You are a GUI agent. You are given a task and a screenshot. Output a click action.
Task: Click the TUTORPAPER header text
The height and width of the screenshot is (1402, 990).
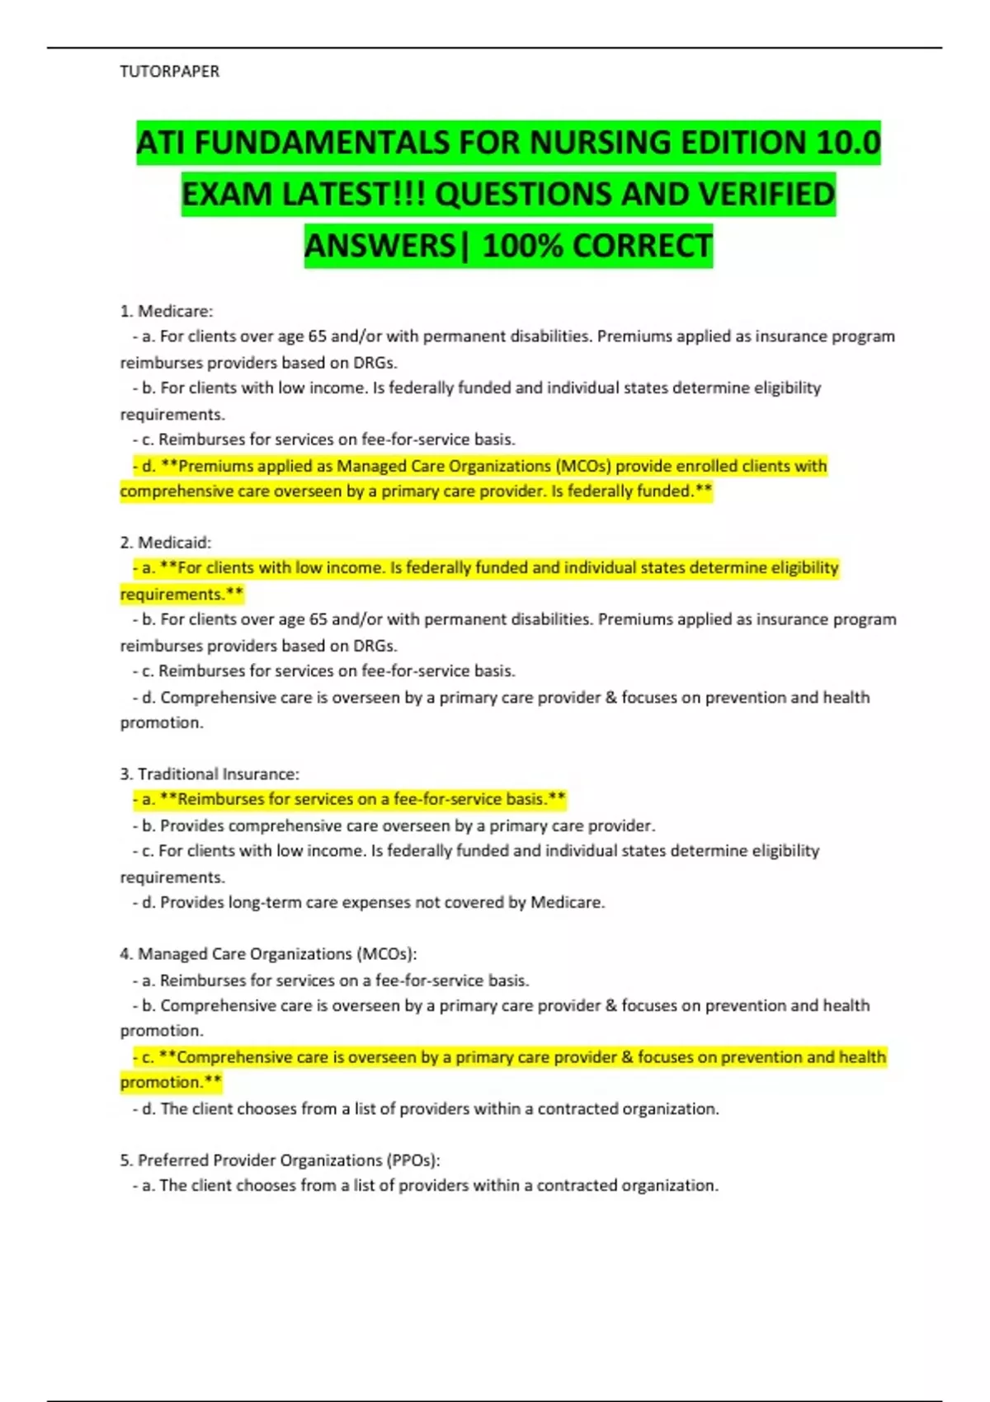pos(169,72)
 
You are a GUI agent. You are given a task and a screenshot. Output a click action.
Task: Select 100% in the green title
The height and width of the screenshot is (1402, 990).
pos(522,246)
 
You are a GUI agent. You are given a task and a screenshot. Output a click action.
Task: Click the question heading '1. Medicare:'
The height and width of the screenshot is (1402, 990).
pos(167,311)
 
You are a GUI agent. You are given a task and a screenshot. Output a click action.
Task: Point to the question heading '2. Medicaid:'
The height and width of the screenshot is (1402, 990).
pos(166,543)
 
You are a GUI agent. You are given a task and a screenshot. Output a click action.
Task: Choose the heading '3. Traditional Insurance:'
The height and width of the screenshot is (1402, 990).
pos(210,774)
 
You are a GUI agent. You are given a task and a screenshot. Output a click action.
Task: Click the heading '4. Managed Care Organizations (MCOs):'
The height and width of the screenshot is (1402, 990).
pos(268,954)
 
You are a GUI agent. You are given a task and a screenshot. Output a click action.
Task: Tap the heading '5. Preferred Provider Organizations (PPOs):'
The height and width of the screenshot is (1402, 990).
pos(280,1160)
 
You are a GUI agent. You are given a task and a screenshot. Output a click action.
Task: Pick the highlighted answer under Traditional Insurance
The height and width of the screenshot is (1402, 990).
pos(349,799)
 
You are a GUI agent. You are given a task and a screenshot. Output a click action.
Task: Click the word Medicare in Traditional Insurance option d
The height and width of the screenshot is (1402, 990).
pos(567,903)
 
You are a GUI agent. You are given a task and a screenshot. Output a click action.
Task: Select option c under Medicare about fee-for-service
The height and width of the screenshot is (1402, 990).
pos(324,440)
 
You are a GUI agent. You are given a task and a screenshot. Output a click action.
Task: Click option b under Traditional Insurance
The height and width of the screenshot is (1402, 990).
pos(394,826)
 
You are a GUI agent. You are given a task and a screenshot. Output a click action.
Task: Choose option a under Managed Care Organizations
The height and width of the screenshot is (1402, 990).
pos(331,981)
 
